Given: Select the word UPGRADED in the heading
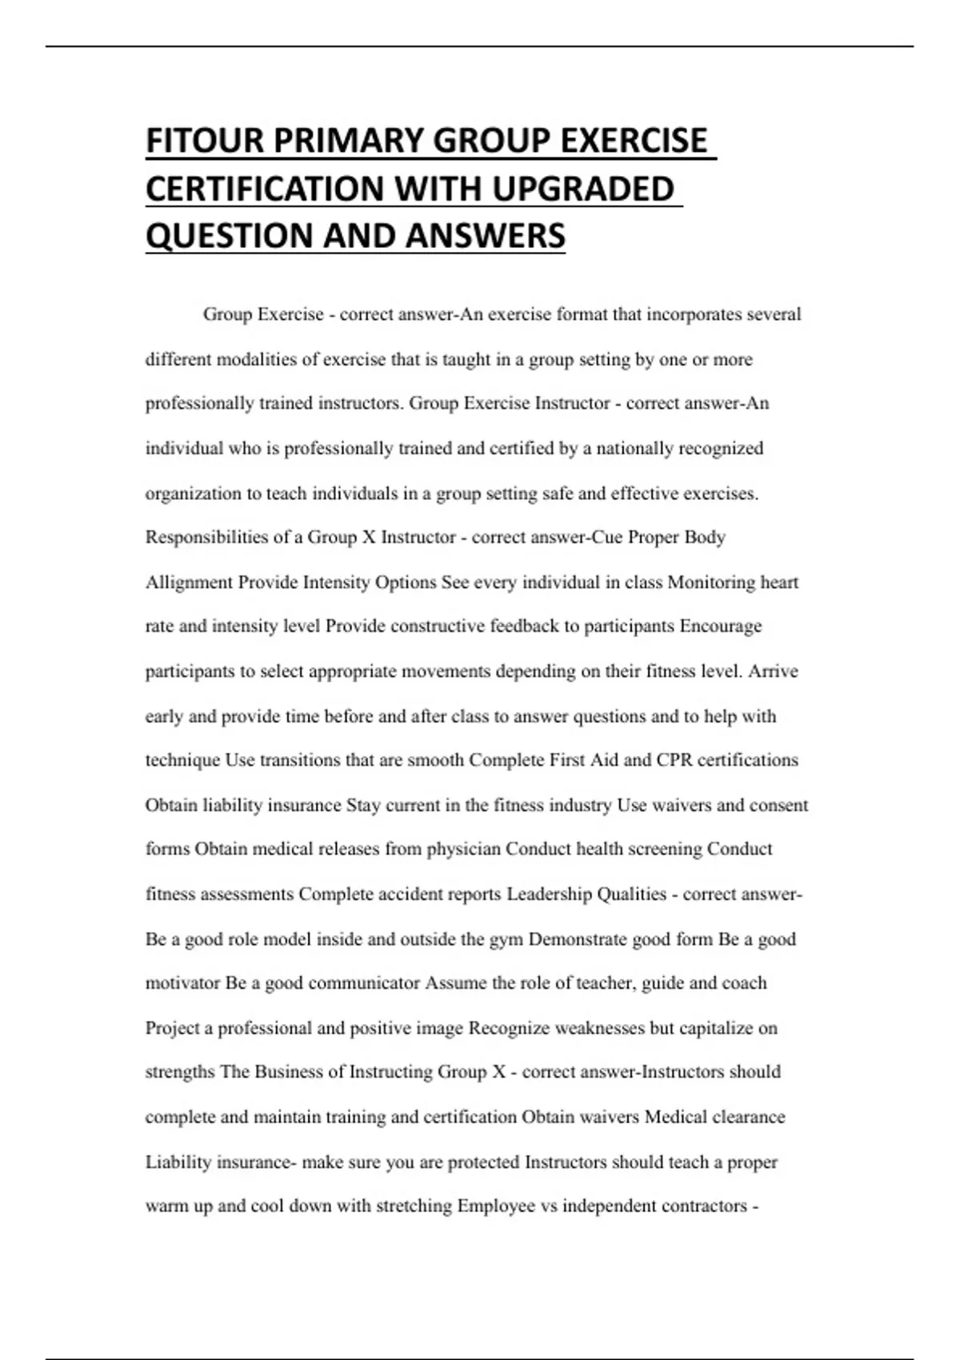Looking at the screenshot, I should [x=583, y=189].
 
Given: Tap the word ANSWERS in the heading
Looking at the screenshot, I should [x=486, y=236].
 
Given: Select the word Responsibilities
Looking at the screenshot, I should [x=206, y=537].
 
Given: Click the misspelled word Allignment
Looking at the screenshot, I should [x=189, y=582].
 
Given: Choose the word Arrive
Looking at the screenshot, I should [x=773, y=670].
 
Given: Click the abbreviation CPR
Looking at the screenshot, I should [x=674, y=759].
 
